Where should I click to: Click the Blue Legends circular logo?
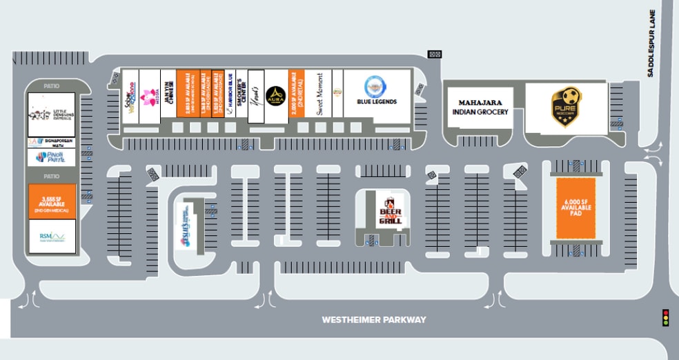coord(375,86)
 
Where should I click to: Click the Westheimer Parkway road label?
coord(375,320)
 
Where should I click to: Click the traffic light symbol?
coord(666,317)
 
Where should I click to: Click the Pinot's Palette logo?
coord(51,158)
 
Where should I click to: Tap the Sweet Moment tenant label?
coord(319,97)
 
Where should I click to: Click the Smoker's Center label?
coord(241,97)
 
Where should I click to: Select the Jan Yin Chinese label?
coord(168,97)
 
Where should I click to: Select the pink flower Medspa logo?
coord(148,97)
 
